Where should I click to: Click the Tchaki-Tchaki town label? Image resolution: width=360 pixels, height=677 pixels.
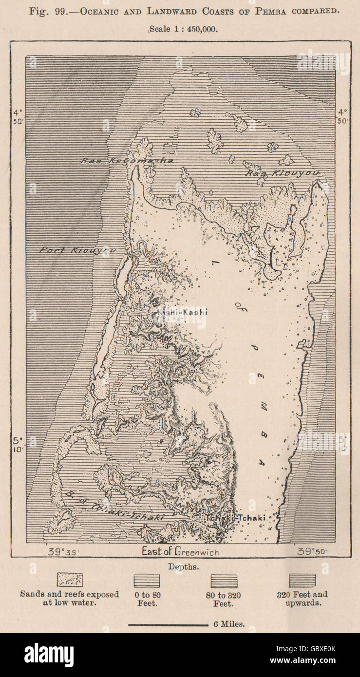pos(235,518)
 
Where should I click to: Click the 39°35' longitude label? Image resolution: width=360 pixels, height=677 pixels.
pos(63,552)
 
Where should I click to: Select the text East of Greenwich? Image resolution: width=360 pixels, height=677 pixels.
pos(180,552)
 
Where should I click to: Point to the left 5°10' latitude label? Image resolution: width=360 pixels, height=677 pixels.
pos(18,445)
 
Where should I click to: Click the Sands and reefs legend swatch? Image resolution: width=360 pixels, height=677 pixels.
pos(70,580)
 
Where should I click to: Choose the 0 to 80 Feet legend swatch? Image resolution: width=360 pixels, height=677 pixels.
pos(147,581)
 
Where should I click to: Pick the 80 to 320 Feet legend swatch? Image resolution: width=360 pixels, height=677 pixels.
pos(224,581)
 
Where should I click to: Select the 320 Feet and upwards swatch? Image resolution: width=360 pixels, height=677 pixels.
pos(302,580)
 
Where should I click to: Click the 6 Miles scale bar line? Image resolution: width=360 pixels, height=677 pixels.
pos(168,624)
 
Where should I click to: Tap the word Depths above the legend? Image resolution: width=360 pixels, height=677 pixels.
pos(180,566)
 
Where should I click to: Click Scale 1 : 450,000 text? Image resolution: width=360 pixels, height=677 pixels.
pos(183,29)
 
